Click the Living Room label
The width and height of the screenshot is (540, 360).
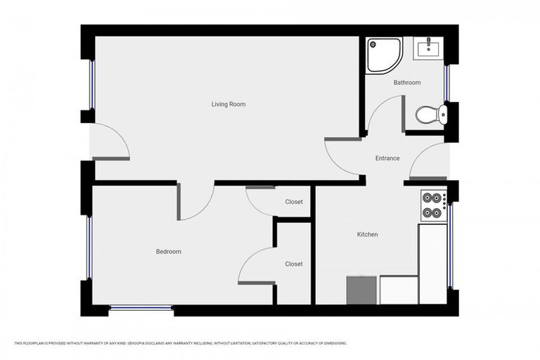tap(229, 104)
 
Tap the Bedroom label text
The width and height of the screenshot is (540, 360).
tap(169, 252)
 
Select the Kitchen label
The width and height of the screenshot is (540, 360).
tap(367, 234)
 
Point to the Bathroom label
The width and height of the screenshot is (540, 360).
tap(407, 83)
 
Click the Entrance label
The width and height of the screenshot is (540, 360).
tap(387, 158)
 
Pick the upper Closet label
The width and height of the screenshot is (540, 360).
tap(294, 202)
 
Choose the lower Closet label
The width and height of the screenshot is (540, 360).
tap(294, 264)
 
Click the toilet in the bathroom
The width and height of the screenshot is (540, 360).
tap(430, 114)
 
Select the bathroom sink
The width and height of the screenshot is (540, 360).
tap(427, 48)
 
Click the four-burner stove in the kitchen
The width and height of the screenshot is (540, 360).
tap(433, 204)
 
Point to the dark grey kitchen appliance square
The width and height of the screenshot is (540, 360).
tap(361, 290)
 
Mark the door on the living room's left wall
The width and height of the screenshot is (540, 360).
tap(111, 143)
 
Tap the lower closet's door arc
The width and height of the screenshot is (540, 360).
tap(255, 266)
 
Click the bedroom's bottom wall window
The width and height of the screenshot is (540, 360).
tap(141, 307)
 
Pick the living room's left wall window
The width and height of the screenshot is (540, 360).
tap(91, 84)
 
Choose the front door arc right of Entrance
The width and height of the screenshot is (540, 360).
tap(428, 162)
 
